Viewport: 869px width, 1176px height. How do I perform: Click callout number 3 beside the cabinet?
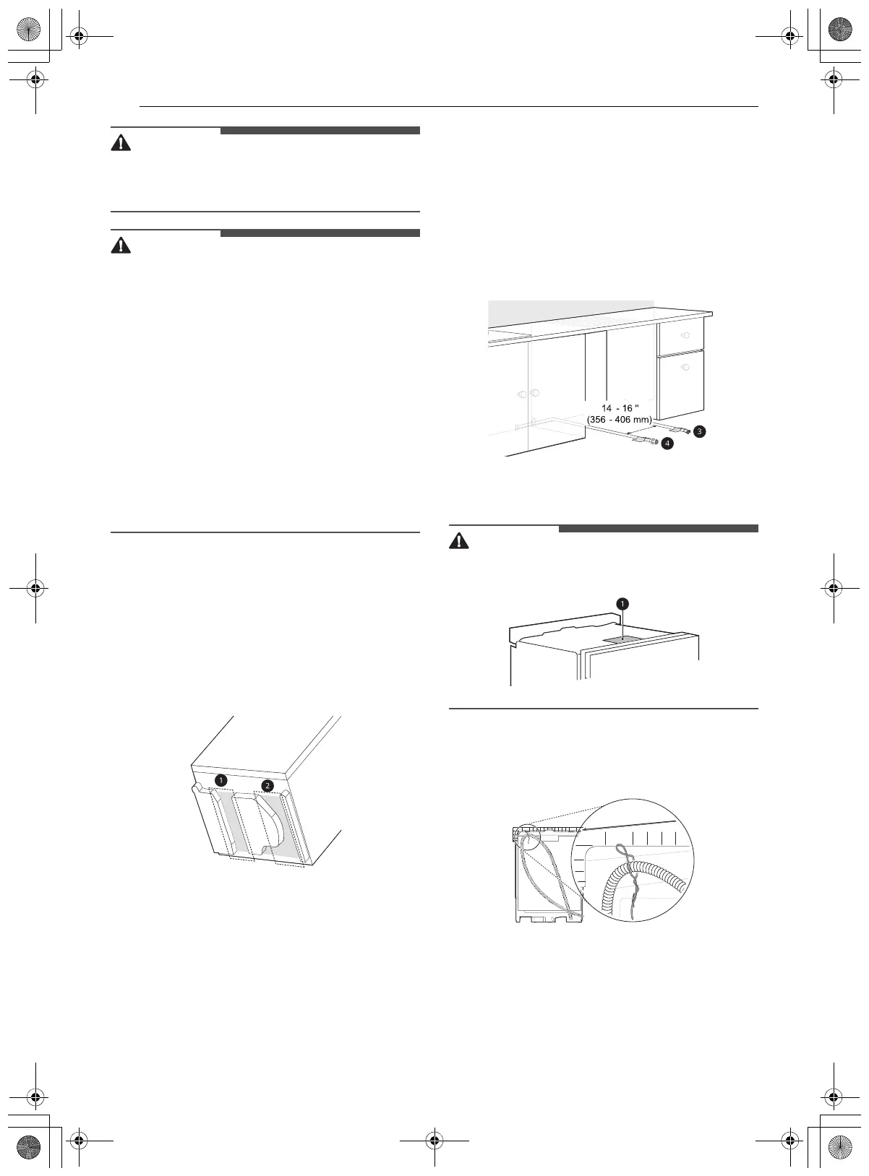coord(699,431)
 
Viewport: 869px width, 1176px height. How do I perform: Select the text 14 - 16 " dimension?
coord(620,409)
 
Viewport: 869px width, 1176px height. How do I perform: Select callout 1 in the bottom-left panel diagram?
coord(221,779)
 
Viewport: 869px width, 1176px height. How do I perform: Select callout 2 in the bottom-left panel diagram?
coord(267,785)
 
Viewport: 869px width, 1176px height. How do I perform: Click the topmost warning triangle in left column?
coord(121,143)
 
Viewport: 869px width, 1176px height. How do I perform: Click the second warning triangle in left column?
coord(121,246)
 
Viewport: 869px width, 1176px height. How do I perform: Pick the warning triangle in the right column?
coord(459,540)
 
